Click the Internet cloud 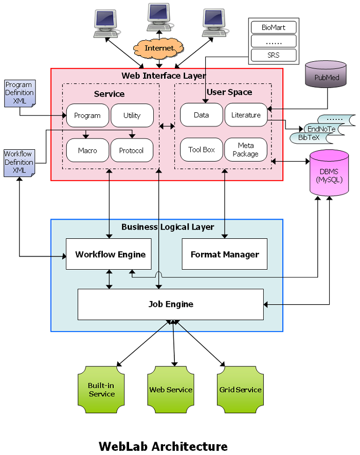tap(159, 48)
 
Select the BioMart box tap(273, 27)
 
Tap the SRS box tap(273, 55)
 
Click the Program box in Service tap(87, 115)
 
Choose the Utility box tap(132, 115)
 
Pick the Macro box tap(87, 150)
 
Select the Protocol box tap(132, 150)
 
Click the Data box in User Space tap(201, 115)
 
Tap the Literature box tap(246, 115)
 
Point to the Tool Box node tap(201, 150)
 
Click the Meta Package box tap(246, 150)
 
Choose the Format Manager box tap(225, 254)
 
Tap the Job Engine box tap(171, 304)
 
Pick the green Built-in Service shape tap(101, 390)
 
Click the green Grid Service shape tap(240, 390)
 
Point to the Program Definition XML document tap(19, 93)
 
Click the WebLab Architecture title tap(163, 446)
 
